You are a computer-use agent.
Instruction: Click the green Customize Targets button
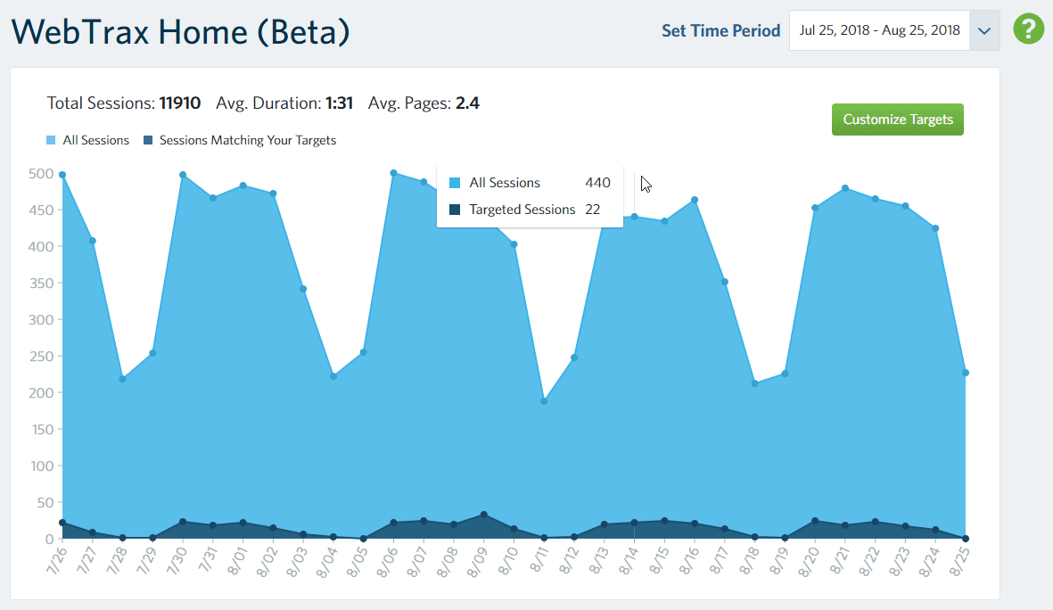(897, 120)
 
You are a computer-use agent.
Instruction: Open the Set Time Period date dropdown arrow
(984, 30)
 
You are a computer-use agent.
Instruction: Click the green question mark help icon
(1028, 29)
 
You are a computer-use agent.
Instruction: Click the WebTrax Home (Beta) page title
(180, 32)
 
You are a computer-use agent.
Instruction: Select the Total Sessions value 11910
(180, 103)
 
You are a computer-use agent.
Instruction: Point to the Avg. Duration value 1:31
(339, 103)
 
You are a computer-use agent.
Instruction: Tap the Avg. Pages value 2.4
(467, 103)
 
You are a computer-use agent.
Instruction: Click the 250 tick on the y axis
(42, 356)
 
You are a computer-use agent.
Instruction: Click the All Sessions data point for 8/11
(544, 401)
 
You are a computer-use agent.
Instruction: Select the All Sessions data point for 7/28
(122, 379)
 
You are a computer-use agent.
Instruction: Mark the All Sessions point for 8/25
(966, 373)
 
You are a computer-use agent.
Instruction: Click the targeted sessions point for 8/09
(484, 515)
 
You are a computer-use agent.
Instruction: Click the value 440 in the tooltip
(597, 183)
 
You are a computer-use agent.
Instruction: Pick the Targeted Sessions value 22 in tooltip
(592, 210)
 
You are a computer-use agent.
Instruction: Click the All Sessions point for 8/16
(695, 200)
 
